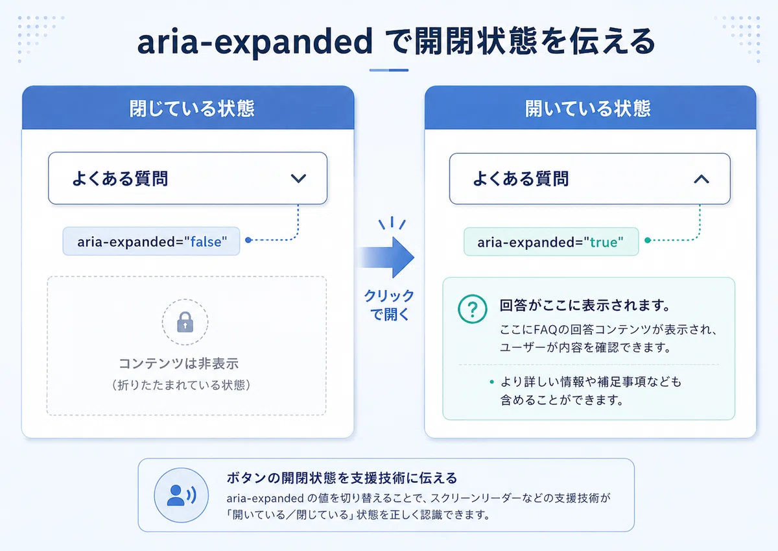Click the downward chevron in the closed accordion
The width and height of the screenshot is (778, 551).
(298, 178)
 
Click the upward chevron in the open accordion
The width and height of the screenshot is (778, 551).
(701, 179)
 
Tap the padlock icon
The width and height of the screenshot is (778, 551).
(185, 323)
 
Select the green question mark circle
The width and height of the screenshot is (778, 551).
(473, 309)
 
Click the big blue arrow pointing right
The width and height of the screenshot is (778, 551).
(387, 257)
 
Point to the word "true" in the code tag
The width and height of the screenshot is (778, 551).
(604, 242)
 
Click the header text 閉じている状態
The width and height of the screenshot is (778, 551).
(192, 108)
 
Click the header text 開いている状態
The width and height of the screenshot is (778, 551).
(587, 108)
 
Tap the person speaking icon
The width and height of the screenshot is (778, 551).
(182, 495)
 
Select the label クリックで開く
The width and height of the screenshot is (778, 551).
(389, 305)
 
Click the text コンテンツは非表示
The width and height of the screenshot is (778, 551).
(178, 363)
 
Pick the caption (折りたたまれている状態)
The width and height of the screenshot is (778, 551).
(181, 385)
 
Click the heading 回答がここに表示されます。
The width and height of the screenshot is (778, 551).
(585, 305)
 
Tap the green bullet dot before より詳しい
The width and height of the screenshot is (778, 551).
(491, 382)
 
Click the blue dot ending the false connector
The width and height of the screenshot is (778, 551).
(248, 240)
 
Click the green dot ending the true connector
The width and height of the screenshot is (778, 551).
(648, 240)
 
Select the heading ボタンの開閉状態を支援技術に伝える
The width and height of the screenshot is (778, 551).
(342, 478)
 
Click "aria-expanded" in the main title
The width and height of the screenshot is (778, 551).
(255, 42)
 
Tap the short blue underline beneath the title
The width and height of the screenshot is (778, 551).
(388, 70)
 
